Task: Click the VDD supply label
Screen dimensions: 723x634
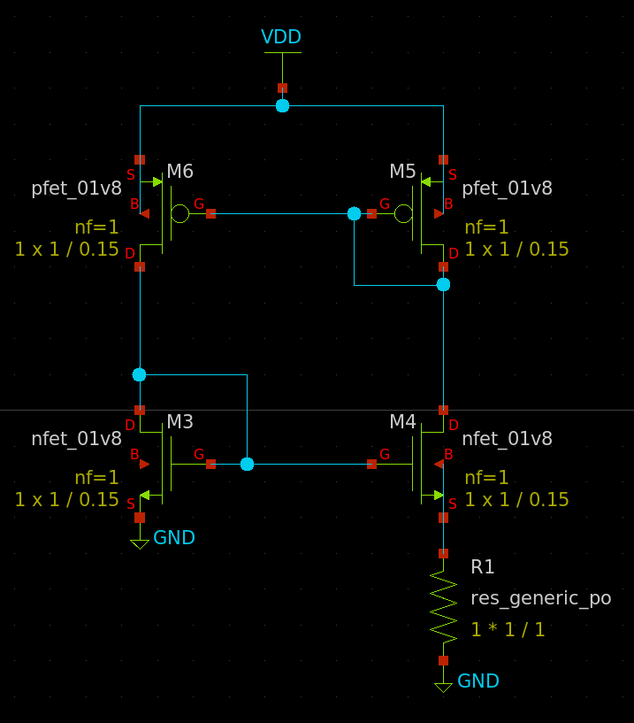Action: pos(281,37)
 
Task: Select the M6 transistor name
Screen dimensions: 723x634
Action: pos(180,172)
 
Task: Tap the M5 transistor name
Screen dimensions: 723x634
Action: pos(402,172)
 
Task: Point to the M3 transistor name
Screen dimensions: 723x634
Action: pos(180,422)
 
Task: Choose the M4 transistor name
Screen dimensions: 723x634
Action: pos(402,422)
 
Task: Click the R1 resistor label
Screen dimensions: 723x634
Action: pos(483,567)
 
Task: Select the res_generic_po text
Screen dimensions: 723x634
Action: pos(540,598)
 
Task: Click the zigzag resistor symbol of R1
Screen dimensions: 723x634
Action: pos(443,606)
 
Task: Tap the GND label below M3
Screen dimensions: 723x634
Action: pos(174,538)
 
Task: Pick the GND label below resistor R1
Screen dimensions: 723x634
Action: pos(478,681)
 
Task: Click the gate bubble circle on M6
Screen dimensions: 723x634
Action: pos(180,213)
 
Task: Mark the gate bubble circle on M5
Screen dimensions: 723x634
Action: pos(403,213)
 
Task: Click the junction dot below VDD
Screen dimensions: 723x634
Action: pos(282,105)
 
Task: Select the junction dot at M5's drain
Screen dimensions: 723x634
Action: pos(443,284)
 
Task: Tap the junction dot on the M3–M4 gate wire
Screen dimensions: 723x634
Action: pos(247,464)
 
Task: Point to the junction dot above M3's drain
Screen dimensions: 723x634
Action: pos(139,374)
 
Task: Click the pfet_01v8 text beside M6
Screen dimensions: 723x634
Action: pos(76,188)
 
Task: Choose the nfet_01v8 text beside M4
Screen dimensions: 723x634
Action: pos(507,438)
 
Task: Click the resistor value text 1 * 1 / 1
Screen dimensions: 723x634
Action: pos(508,630)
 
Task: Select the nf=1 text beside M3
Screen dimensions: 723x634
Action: pos(96,478)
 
